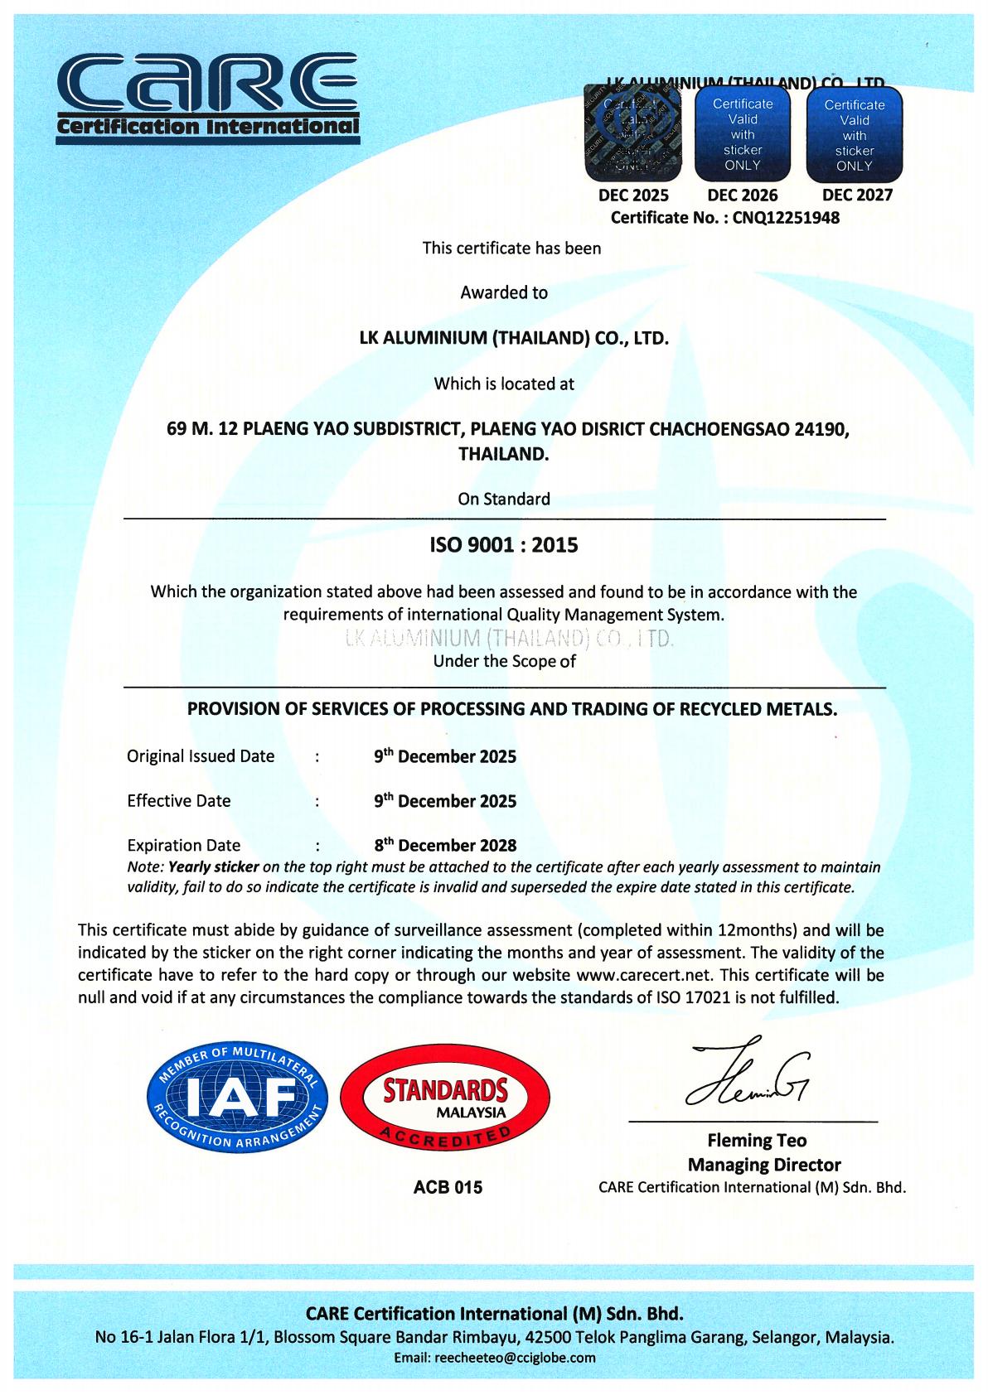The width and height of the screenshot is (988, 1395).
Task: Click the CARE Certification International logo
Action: pyautogui.click(x=207, y=97)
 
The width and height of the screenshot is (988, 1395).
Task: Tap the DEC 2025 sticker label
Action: pyautogui.click(x=633, y=195)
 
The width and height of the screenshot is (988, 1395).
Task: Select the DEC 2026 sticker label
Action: pyautogui.click(x=743, y=195)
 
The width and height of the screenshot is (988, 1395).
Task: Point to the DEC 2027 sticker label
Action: pyautogui.click(x=857, y=195)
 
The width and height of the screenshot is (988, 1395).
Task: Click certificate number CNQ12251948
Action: pyautogui.click(x=787, y=218)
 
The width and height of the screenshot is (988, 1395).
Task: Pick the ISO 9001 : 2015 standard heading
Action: pyautogui.click(x=503, y=545)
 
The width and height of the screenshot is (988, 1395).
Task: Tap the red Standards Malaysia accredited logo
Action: pyautogui.click(x=444, y=1100)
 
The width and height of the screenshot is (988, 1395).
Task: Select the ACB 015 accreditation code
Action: pyautogui.click(x=448, y=1187)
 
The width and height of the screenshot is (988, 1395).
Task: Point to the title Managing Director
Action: pyautogui.click(x=764, y=1165)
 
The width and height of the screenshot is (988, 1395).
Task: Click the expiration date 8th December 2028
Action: pyautogui.click(x=445, y=845)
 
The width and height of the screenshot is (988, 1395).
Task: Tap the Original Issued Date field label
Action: pyautogui.click(x=201, y=755)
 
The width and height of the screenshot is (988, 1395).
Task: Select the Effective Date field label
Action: pyautogui.click(x=179, y=800)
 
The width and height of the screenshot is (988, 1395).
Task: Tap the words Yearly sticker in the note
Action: pyautogui.click(x=214, y=867)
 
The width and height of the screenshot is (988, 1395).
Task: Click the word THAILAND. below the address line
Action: pyautogui.click(x=503, y=454)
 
